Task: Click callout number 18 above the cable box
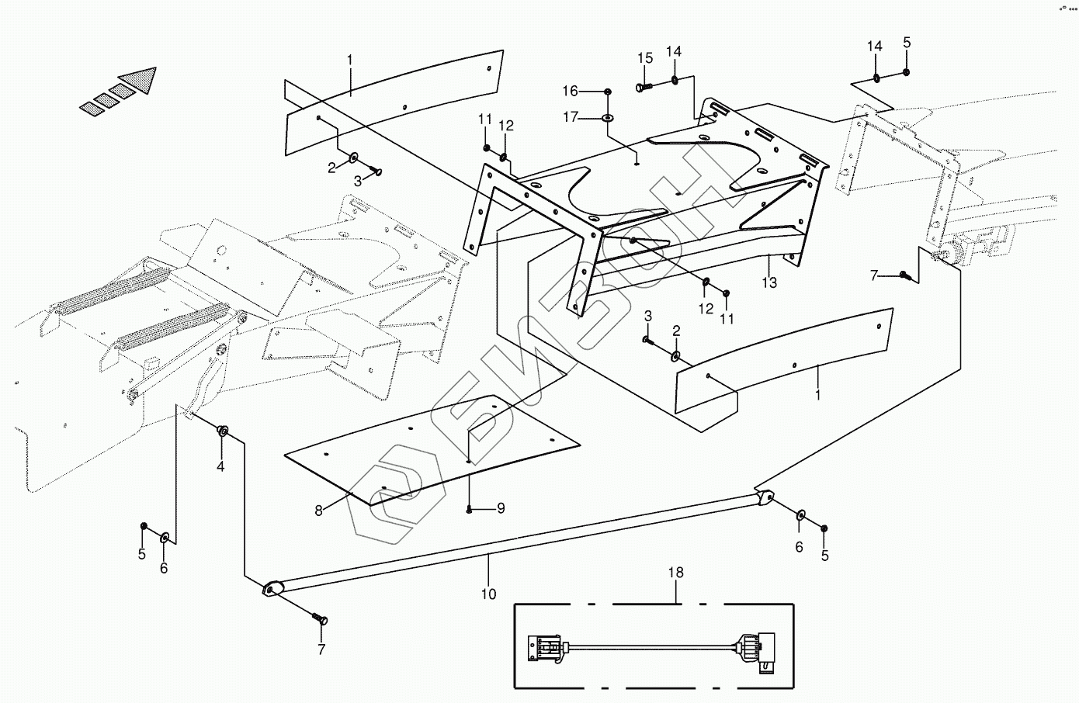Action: [x=676, y=573]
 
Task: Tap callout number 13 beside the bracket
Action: [x=768, y=283]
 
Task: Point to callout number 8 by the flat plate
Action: [x=317, y=511]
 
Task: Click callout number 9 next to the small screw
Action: [x=501, y=508]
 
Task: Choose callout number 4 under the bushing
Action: [x=220, y=466]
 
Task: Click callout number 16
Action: [x=592, y=92]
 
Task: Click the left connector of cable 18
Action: [x=546, y=648]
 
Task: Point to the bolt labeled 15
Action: [x=644, y=88]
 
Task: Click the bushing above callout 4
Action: [x=222, y=431]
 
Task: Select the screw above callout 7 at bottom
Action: [x=320, y=618]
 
